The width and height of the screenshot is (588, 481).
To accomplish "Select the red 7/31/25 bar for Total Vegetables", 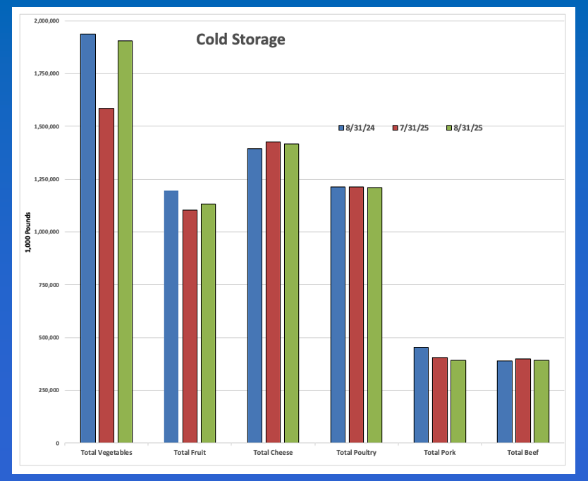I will [x=106, y=275].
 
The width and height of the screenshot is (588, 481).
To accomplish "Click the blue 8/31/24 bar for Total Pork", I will [x=421, y=395].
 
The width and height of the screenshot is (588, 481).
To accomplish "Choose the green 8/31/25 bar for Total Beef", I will [x=541, y=401].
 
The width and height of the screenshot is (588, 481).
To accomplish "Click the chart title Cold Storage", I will [x=240, y=39].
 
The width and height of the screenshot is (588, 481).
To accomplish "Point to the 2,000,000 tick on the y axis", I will [x=46, y=21].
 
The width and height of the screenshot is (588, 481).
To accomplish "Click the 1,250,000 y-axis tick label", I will [x=46, y=179].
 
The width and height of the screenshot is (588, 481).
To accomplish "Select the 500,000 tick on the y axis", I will [x=49, y=338].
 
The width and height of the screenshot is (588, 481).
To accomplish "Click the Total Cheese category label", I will [x=273, y=453].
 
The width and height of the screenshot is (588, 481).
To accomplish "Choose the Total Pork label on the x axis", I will [x=439, y=453].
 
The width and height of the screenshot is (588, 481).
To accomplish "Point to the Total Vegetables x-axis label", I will [x=106, y=453].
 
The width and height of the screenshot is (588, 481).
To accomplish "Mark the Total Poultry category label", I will [x=356, y=453].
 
